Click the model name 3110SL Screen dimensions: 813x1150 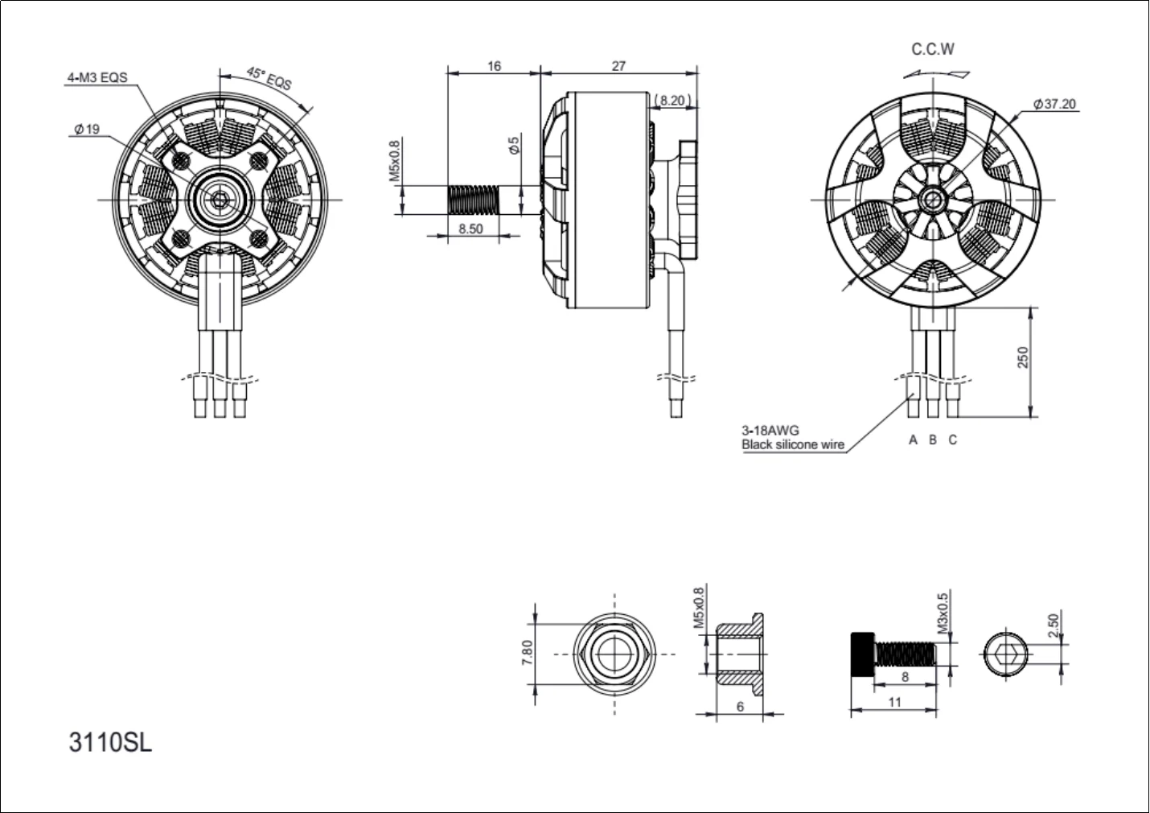coord(110,742)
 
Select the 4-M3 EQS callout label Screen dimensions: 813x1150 coord(97,78)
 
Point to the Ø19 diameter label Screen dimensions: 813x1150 coord(86,129)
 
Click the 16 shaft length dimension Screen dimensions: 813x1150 coord(494,66)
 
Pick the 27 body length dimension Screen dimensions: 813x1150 coord(618,66)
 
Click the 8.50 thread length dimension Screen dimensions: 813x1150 coord(470,229)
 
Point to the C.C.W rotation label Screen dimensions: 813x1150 coord(933,49)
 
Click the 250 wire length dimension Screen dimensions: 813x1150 coord(1023,357)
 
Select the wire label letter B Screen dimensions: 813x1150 coord(933,440)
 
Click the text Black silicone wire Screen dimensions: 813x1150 coord(793,444)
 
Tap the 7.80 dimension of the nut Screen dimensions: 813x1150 coord(528,652)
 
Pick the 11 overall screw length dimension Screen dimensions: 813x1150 coord(894,702)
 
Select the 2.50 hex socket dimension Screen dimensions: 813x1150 coord(1054,625)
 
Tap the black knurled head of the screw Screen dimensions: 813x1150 coord(861,654)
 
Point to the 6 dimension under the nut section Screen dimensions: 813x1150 coord(740,706)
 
